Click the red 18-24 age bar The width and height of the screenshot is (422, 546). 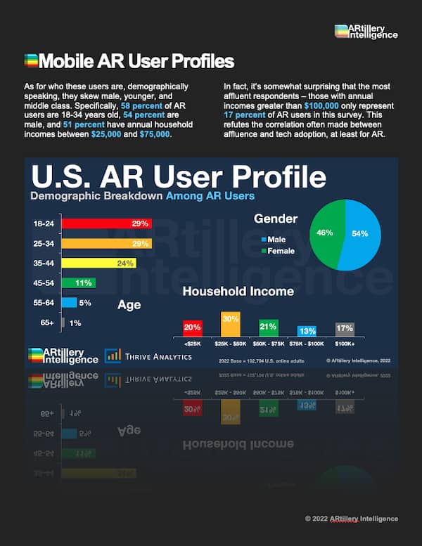pos(106,223)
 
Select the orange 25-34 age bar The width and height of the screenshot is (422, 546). pos(106,244)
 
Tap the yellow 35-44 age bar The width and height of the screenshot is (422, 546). pos(98,264)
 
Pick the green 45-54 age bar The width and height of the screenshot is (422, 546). pos(78,283)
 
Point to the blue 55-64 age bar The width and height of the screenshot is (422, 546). pos(69,303)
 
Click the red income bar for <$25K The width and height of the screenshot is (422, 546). pos(192,327)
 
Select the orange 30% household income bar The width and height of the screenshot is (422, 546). pos(230,324)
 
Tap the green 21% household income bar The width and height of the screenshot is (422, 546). pos(268,327)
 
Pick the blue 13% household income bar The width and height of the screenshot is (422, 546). pos(306,330)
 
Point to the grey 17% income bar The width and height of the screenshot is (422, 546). pos(345,328)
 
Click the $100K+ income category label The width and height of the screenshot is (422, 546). pos(345,344)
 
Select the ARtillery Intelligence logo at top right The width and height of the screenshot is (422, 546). pos(366,31)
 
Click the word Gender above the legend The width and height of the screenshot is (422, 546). pos(276,219)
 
